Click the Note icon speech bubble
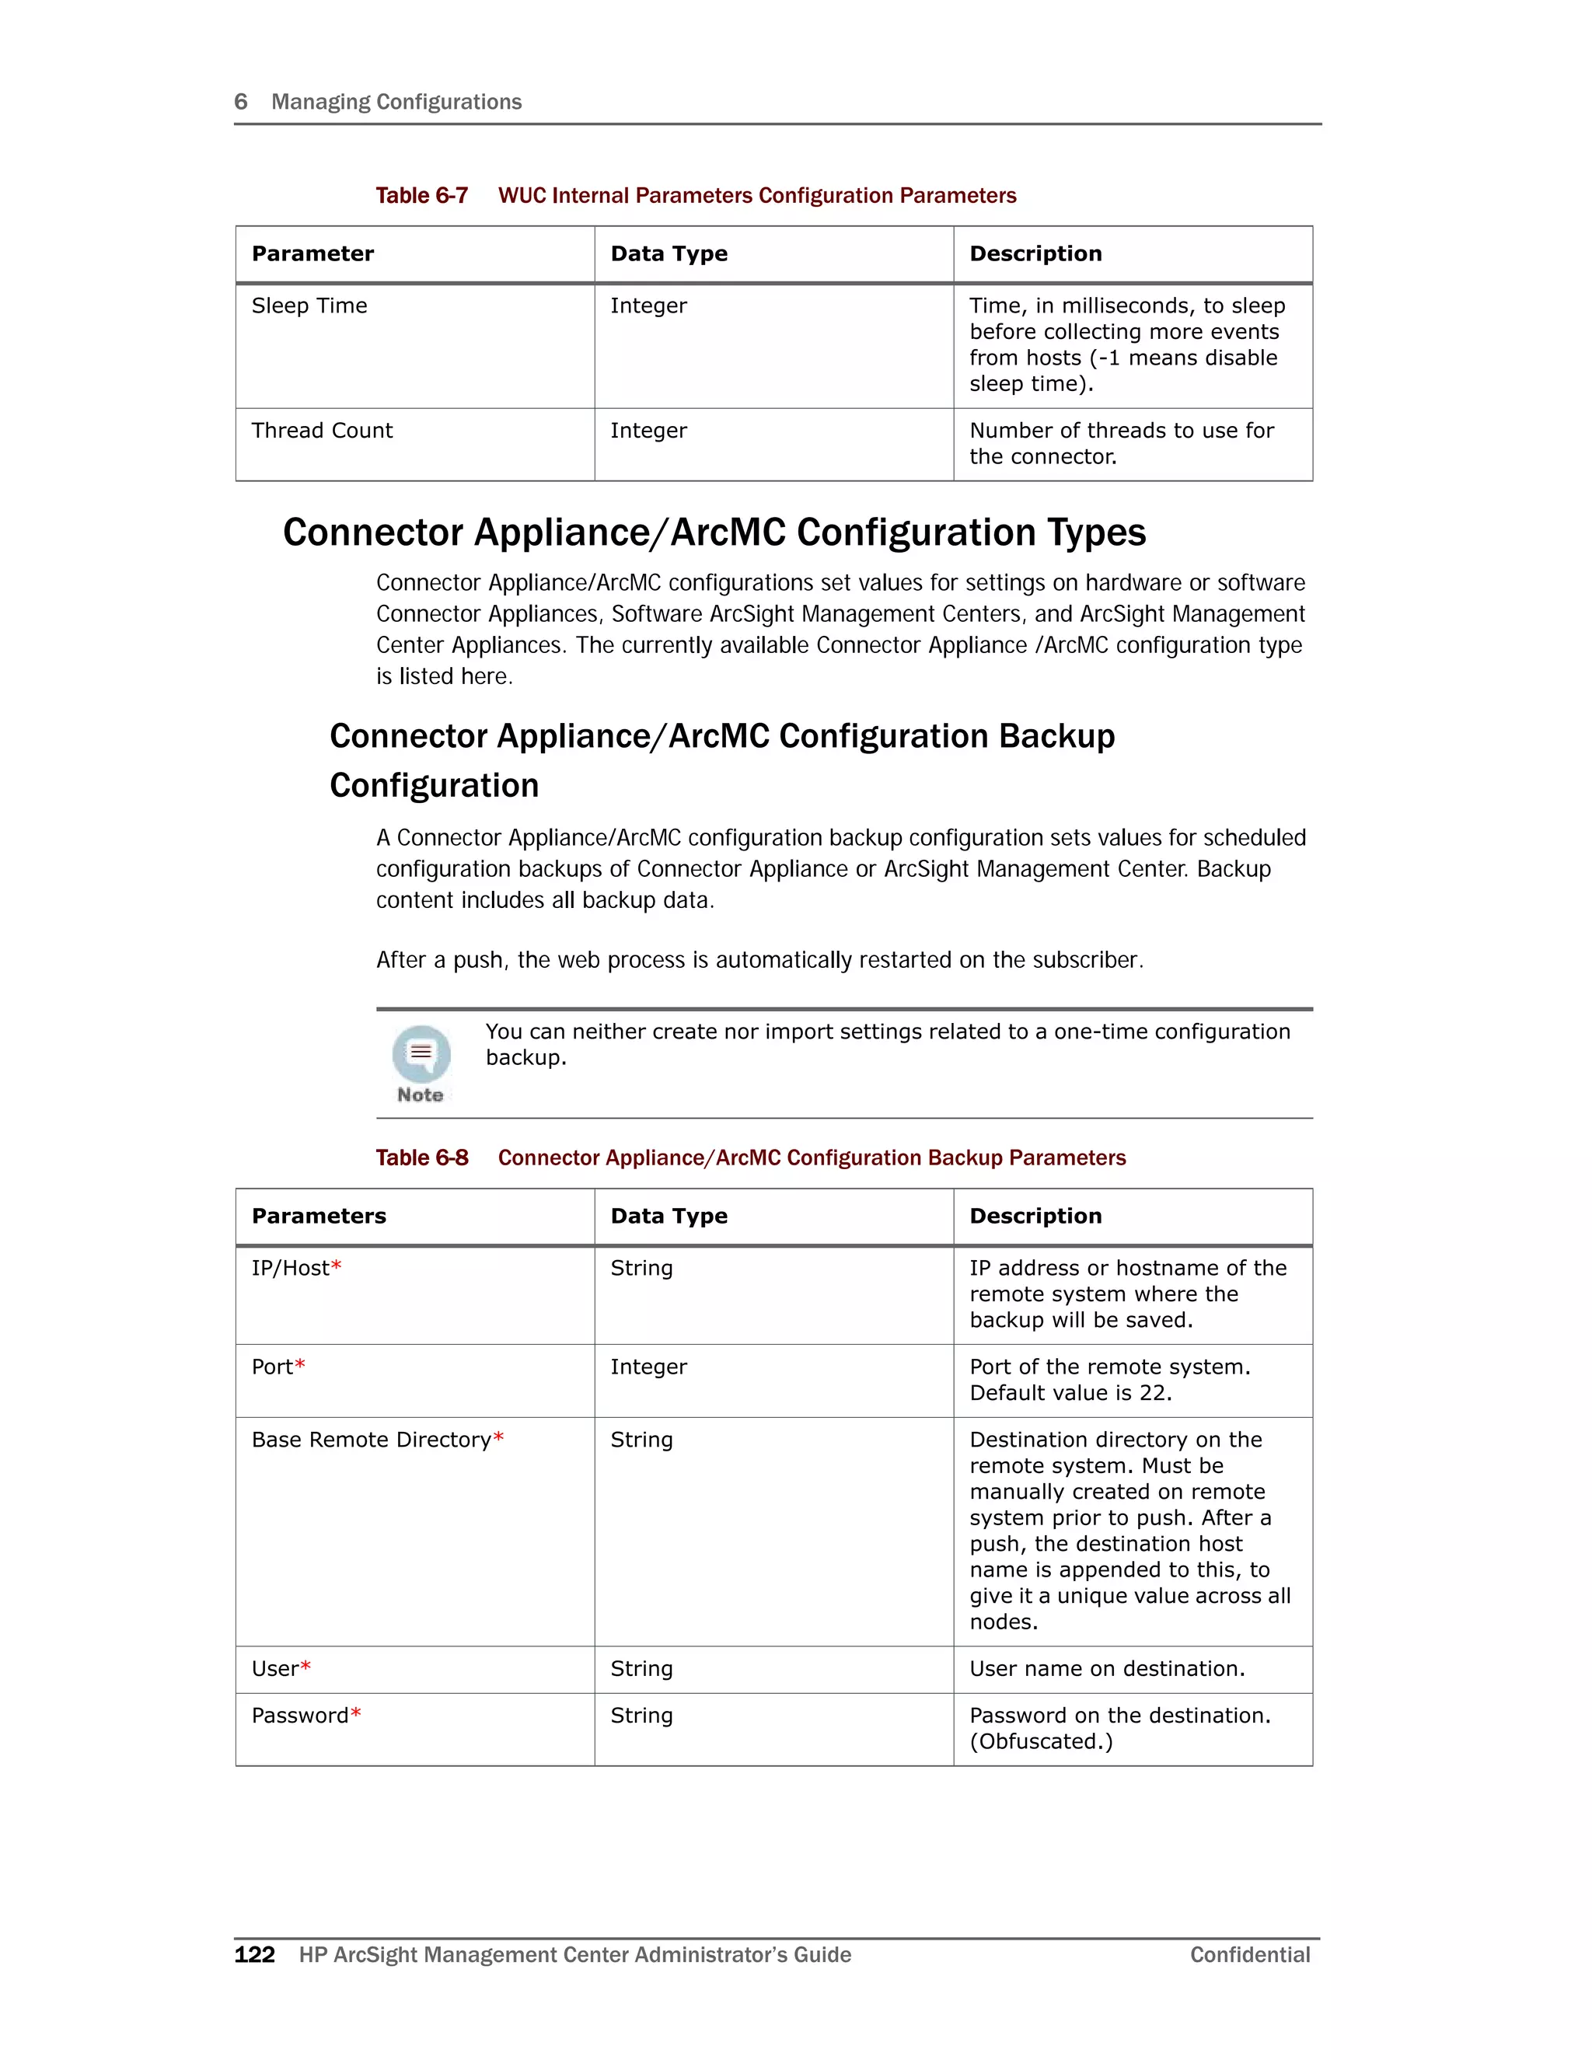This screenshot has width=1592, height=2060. point(421,1053)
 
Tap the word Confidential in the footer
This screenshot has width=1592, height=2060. point(1250,1954)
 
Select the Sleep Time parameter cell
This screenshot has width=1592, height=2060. point(309,306)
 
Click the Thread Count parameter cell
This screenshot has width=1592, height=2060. point(322,430)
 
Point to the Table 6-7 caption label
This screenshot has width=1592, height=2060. point(421,195)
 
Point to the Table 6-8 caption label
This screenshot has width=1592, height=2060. point(421,1157)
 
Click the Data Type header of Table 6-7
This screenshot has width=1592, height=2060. point(669,253)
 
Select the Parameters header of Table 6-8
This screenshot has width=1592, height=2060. point(319,1216)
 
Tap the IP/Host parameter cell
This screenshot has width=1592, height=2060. point(291,1268)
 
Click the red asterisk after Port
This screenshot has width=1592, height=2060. point(300,1365)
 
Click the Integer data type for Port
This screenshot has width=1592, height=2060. point(649,1367)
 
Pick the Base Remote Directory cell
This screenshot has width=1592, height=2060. point(372,1440)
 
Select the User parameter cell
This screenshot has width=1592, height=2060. point(275,1668)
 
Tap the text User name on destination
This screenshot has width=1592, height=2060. point(1107,1668)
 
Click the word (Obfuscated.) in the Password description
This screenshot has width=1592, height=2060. point(1041,1741)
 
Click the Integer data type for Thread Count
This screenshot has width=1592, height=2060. point(649,430)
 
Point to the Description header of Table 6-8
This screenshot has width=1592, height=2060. point(1035,1216)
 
